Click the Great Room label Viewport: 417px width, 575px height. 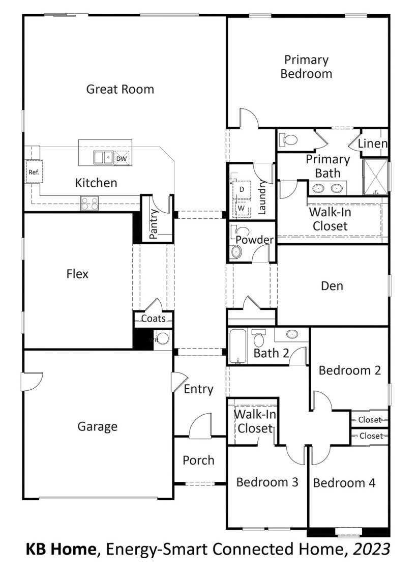coord(120,89)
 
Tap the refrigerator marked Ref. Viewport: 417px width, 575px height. coord(34,171)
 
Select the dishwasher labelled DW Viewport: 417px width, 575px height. coord(122,158)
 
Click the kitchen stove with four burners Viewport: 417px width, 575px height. coord(90,203)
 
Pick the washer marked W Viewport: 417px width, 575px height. coord(241,208)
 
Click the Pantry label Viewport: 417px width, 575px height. coord(154,224)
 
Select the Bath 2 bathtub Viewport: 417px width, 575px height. coord(238,346)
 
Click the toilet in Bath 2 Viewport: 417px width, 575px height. coord(259,338)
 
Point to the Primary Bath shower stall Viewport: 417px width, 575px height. coord(375,177)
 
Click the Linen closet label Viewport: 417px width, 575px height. coord(373,143)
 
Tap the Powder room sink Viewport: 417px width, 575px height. coord(236,252)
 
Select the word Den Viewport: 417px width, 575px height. coord(332,285)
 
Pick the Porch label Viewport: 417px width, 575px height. coord(198,460)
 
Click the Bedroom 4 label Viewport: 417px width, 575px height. coord(344,482)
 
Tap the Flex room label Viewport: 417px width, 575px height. coord(77,274)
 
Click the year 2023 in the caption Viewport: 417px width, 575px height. coord(371,549)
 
